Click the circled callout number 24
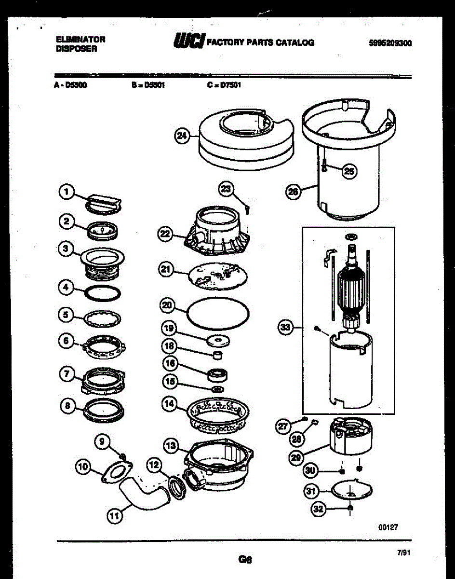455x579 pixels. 182,136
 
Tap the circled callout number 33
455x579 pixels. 286,328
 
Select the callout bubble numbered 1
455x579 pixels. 66,193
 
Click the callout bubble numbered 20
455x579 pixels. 167,305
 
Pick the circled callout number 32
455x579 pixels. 319,509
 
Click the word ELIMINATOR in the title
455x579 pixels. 80,40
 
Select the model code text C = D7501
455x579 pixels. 224,85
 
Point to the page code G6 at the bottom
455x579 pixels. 245,560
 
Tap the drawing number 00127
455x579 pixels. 388,527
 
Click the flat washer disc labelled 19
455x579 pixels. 218,341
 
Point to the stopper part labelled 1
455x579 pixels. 104,203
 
